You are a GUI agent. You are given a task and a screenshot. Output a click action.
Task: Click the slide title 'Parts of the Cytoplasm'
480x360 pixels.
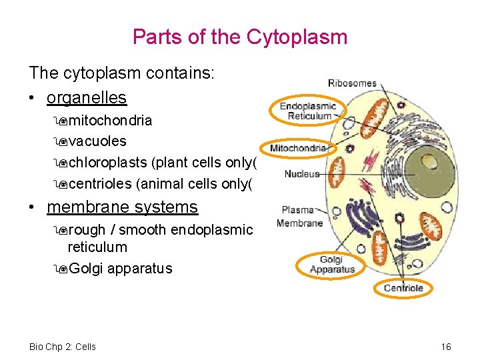[240, 36]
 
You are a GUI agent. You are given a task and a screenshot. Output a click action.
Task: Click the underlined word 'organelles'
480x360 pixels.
[86, 97]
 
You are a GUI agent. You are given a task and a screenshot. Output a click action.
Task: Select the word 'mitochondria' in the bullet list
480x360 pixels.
[110, 121]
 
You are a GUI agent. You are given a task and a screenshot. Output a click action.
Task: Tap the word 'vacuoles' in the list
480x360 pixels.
[97, 141]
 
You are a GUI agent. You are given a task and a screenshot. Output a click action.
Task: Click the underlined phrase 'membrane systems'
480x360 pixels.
[122, 207]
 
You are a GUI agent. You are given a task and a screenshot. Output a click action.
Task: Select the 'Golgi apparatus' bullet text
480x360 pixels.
[120, 269]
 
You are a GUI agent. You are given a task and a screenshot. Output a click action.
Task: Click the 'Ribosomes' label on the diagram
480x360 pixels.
[352, 83]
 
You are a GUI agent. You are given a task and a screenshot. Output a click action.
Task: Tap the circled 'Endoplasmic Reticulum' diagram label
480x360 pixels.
[307, 111]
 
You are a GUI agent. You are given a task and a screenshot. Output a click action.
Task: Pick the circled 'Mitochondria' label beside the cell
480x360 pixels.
[299, 147]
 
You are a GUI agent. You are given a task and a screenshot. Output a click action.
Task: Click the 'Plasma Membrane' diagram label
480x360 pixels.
[299, 217]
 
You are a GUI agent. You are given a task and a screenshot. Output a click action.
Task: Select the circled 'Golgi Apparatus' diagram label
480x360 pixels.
[332, 265]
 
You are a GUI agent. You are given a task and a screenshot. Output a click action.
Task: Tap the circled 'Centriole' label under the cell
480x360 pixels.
[403, 288]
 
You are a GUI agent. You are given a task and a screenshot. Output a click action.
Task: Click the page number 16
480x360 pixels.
[446, 347]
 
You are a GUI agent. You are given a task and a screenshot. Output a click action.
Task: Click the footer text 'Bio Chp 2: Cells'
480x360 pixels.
[63, 347]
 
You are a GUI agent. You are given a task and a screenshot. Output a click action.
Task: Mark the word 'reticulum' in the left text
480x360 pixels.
[97, 247]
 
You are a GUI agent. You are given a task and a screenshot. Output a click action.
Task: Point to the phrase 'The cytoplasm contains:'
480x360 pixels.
[121, 73]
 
